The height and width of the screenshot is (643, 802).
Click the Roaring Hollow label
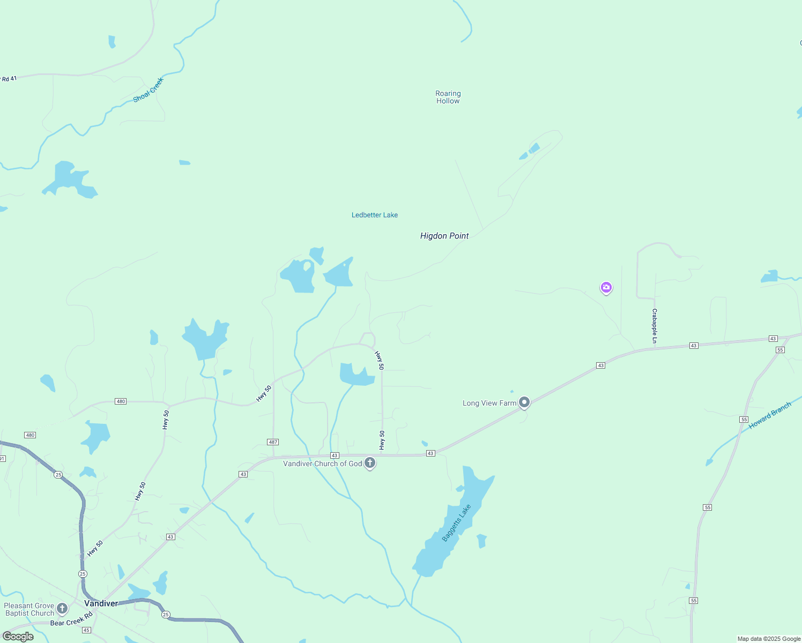point(448,97)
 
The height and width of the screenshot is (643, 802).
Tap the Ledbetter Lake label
point(375,215)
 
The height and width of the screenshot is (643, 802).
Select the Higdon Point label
point(444,236)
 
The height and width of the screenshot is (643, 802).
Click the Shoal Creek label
point(148,90)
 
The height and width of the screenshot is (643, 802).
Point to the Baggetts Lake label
point(456,522)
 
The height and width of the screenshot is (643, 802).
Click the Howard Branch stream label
point(770,415)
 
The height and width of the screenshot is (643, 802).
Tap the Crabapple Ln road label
point(655,326)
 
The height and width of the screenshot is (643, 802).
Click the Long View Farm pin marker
point(524,402)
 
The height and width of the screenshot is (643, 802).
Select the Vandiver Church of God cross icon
point(369,462)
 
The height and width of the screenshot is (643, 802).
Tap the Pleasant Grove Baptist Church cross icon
point(62,608)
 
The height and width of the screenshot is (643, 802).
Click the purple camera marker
point(606,287)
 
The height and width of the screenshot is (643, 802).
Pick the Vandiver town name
point(101,603)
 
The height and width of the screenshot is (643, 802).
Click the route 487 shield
point(273,442)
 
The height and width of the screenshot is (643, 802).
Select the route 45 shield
point(86,630)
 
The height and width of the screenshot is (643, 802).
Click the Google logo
point(18,637)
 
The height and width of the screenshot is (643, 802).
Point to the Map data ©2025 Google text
point(769,639)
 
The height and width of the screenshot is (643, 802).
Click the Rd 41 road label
point(9,79)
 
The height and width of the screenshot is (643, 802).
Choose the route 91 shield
point(2,459)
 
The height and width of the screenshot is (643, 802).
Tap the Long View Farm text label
point(489,403)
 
